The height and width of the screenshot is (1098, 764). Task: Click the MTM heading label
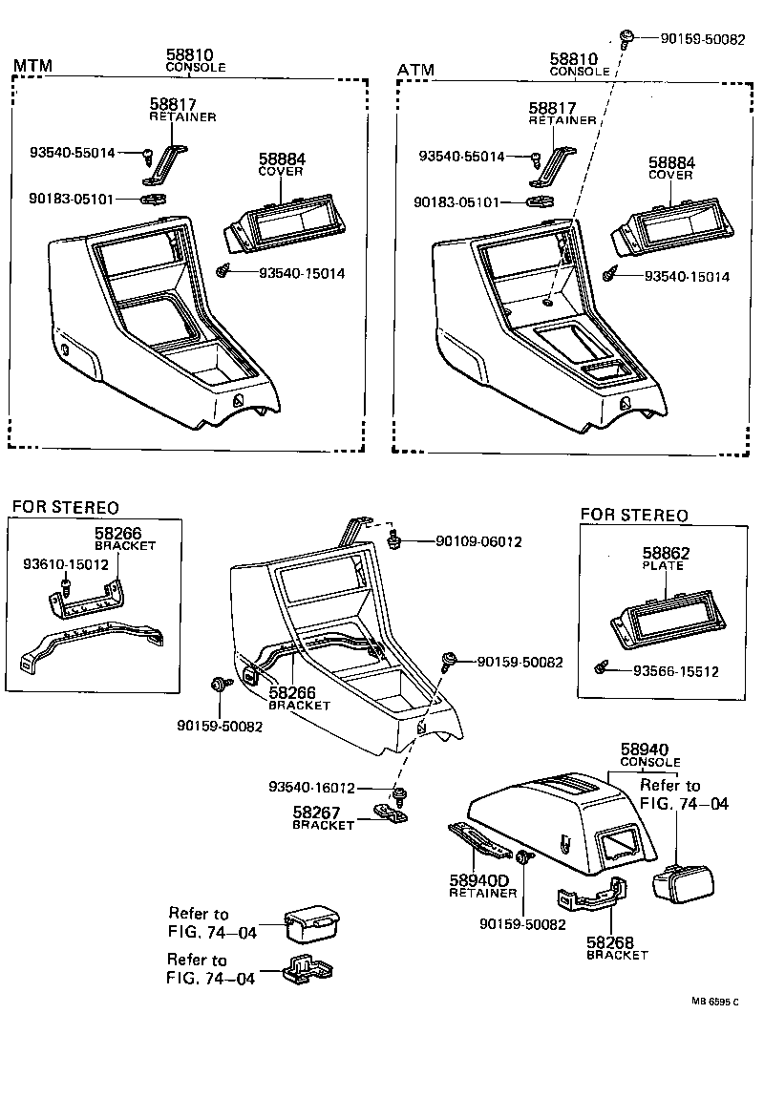tap(32, 66)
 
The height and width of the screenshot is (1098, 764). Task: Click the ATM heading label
tap(415, 70)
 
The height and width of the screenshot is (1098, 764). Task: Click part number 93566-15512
tap(675, 671)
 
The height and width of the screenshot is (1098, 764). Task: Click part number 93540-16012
tap(311, 788)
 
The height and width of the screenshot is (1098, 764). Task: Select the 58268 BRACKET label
tap(617, 948)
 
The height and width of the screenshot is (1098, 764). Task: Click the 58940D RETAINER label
tap(483, 886)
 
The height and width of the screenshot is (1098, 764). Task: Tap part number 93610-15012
tap(64, 565)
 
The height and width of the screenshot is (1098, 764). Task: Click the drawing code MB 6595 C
tap(716, 1002)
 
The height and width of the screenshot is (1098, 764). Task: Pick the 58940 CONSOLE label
tap(649, 755)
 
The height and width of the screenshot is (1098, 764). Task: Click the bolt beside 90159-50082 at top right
tap(626, 38)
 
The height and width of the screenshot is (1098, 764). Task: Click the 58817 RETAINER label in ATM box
tap(562, 114)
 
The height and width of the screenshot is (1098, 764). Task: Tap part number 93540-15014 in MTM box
tap(301, 273)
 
